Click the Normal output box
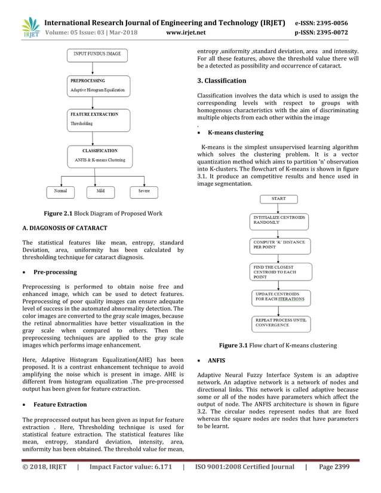[x=60, y=192]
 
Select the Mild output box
[x=100, y=192]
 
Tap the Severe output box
[x=143, y=192]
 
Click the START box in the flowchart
[x=278, y=199]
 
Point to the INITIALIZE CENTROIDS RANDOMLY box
[x=278, y=220]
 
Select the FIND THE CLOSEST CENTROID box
[x=278, y=272]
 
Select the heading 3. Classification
[x=222, y=81]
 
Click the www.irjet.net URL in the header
[x=185, y=33]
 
